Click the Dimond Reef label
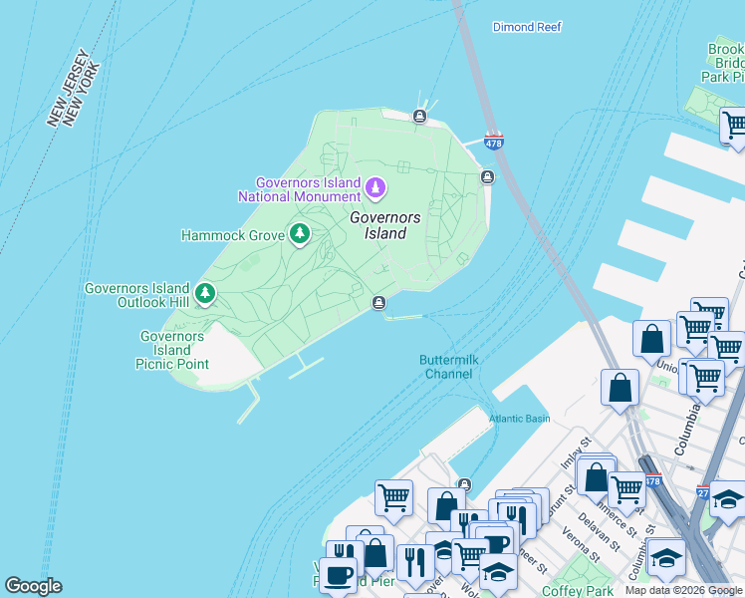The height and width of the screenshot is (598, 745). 528,28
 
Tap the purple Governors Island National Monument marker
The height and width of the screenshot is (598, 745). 375,186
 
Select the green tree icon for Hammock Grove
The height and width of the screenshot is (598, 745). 299,234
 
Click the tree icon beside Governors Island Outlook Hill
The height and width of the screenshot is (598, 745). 205,293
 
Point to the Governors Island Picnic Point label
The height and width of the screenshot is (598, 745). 172,350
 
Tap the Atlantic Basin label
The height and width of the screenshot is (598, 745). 519,419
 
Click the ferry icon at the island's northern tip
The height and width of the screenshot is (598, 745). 420,118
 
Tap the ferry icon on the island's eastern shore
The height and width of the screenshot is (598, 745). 487,177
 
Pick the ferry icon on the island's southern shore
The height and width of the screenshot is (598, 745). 378,303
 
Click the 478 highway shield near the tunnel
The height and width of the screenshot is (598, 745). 493,143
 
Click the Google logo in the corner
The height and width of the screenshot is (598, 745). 33,586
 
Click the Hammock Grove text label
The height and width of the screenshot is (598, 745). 232,236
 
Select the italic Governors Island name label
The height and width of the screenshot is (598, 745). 384,225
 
